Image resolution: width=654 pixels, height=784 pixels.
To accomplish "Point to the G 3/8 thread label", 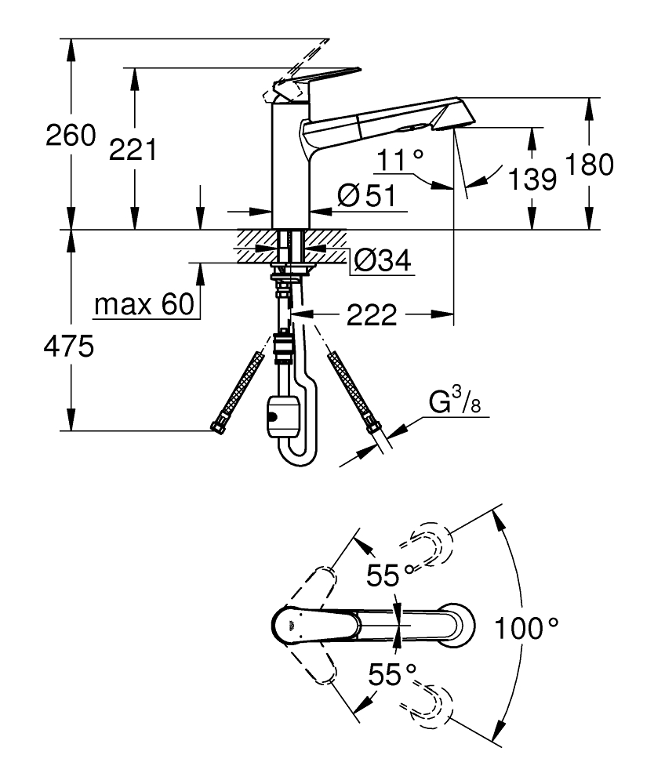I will [452, 404].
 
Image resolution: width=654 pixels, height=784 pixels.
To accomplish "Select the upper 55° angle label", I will [390, 576].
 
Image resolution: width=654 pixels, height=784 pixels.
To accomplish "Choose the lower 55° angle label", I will [390, 674].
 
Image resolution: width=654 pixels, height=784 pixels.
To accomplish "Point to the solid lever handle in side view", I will [318, 80].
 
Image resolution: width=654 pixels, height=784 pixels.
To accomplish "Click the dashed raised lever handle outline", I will [302, 59].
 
